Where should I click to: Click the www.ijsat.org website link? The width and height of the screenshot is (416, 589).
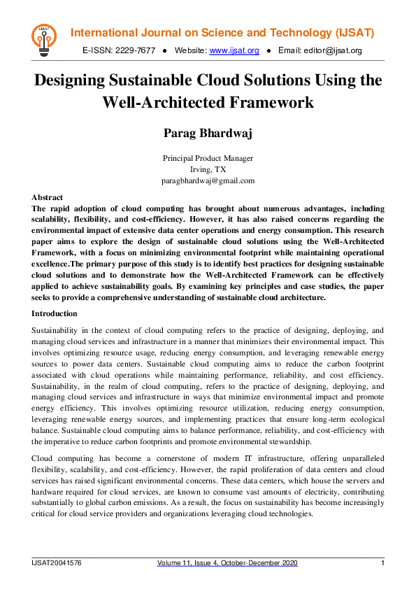click(234, 50)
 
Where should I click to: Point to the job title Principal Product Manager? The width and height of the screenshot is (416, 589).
click(208, 158)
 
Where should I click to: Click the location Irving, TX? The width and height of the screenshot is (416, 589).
click(208, 169)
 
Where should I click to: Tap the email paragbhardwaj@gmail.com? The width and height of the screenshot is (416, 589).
click(208, 180)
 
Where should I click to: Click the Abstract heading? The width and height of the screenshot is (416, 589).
click(48, 197)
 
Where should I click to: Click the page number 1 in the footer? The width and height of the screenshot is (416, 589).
click(382, 563)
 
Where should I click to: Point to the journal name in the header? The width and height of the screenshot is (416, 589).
click(223, 34)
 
